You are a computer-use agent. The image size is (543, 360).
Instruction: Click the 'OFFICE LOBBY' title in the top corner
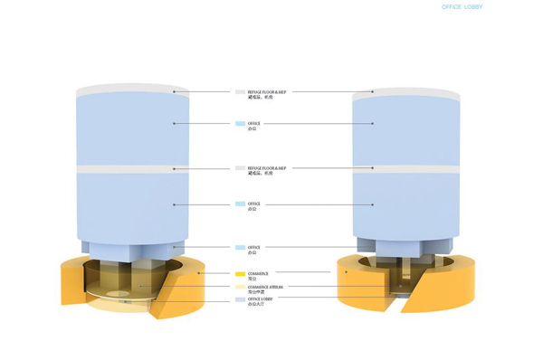462,7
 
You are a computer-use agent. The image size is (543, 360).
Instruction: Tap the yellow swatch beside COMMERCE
240,273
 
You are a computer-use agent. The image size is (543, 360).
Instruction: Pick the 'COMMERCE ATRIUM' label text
265,287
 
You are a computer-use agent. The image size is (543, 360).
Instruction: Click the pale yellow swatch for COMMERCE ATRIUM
240,287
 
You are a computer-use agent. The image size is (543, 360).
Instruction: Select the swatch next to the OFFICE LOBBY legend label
240,298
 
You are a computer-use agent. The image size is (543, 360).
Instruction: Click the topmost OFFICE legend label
253,123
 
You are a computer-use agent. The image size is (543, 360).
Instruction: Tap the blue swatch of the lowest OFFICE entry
240,247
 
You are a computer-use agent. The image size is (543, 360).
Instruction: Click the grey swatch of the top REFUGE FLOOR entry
240,91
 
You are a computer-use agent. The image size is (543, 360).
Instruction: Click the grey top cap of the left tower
133,90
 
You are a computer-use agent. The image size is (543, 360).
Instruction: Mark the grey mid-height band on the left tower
133,169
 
